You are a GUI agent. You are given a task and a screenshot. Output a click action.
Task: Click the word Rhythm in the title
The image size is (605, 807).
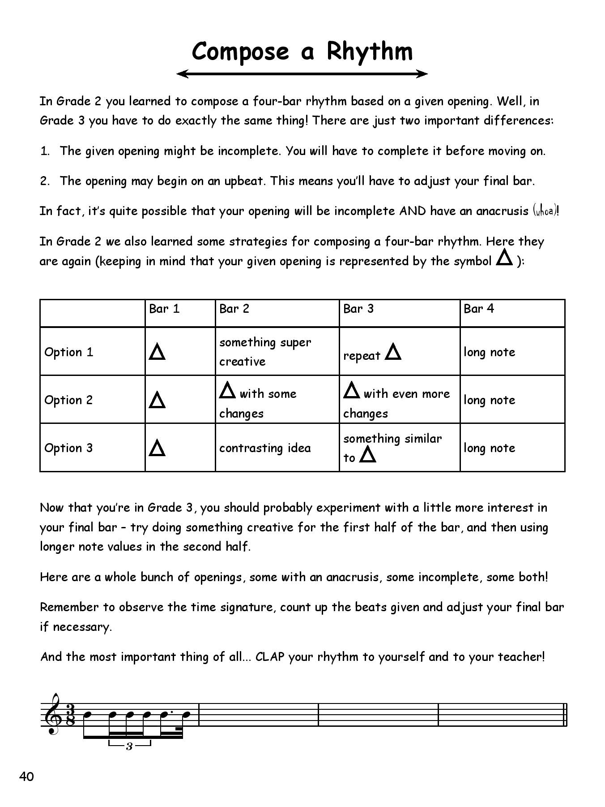click(369, 52)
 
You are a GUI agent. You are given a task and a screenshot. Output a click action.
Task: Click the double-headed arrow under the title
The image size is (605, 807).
click(302, 74)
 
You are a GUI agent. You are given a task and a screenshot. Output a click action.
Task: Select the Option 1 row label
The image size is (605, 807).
click(68, 352)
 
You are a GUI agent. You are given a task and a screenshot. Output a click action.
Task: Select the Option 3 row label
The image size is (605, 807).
click(68, 448)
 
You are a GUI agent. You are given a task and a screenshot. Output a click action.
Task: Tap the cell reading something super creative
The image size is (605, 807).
click(265, 352)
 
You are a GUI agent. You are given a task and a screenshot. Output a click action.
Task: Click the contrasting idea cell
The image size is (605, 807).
click(265, 448)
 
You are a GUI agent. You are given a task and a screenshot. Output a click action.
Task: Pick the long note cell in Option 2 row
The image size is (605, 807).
click(489, 400)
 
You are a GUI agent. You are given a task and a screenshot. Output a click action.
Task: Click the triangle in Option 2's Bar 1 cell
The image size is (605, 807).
click(157, 400)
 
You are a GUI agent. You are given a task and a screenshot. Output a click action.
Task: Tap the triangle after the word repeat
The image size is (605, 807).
click(393, 352)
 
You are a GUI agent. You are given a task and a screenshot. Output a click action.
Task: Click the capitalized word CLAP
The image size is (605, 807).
click(270, 657)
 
